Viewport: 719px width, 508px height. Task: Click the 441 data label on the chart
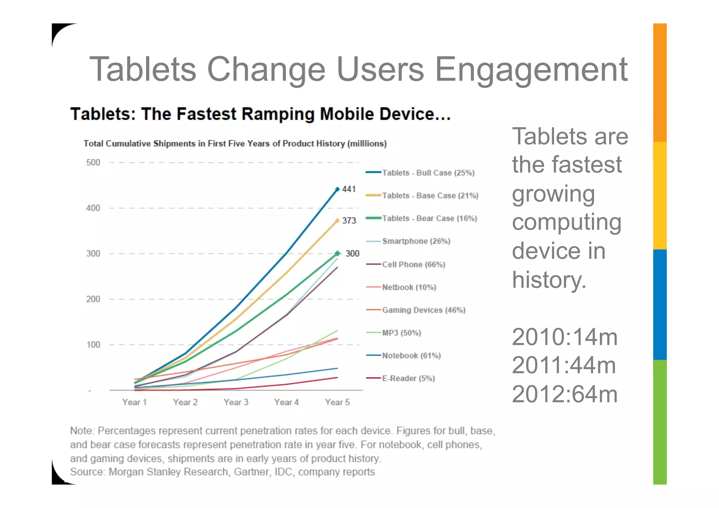pyautogui.click(x=349, y=189)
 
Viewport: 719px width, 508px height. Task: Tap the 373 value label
pyautogui.click(x=349, y=220)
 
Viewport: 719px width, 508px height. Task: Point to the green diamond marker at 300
pyautogui.click(x=337, y=253)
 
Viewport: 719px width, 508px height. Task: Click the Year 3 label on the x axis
pyautogui.click(x=236, y=402)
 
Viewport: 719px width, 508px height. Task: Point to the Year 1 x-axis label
pyautogui.click(x=134, y=402)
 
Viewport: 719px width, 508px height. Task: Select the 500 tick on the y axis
pyautogui.click(x=93, y=163)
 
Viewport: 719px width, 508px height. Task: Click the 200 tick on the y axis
pyautogui.click(x=93, y=299)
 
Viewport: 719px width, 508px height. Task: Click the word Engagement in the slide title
pyautogui.click(x=531, y=70)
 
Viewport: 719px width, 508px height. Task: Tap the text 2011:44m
pyautogui.click(x=564, y=365)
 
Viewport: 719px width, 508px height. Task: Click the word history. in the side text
pyautogui.click(x=549, y=280)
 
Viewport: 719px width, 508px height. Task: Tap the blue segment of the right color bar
pyautogui.click(x=660, y=304)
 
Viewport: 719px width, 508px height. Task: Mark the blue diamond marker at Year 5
pyautogui.click(x=337, y=189)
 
